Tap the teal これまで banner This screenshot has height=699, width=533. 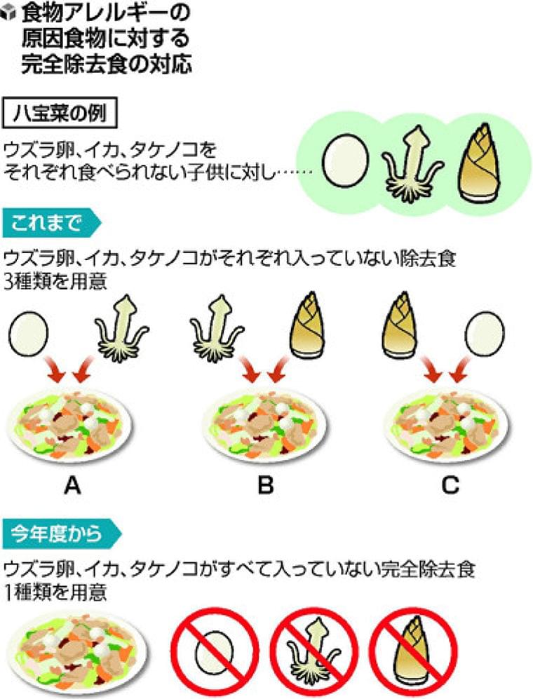coord(51,222)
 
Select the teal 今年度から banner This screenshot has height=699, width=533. coord(61,534)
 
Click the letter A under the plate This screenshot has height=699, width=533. coord(72,485)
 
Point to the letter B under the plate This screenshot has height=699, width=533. coord(266,485)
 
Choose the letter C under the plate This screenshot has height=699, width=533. coord(450,485)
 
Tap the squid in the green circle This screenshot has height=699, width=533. coord(412,165)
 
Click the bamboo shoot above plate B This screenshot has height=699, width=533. coord(307,325)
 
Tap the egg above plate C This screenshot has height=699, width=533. coord(485,332)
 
